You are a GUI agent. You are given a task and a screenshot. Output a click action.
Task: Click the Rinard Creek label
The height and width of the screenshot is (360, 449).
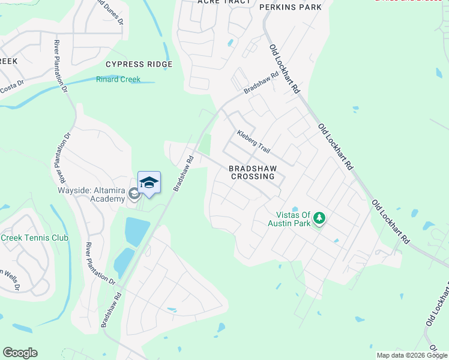(118, 79)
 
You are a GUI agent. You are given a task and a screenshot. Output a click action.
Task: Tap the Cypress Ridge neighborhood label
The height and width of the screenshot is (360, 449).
(139, 64)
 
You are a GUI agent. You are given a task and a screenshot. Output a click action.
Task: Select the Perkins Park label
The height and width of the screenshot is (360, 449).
(290, 7)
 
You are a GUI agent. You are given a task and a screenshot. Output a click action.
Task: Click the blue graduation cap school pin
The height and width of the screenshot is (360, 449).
(149, 182)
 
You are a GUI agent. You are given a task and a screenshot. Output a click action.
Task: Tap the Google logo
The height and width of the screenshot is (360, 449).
(20, 353)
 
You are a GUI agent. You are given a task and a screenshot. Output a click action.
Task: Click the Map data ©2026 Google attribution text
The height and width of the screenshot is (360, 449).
(412, 355)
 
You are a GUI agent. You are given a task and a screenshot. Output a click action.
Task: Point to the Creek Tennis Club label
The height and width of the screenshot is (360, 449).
(34, 238)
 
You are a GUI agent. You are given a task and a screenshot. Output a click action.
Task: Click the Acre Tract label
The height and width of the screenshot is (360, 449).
(224, 2)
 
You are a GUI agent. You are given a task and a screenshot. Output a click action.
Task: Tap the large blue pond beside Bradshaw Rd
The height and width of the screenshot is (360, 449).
(136, 230)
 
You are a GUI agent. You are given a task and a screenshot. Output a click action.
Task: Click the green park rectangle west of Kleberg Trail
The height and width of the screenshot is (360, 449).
(205, 143)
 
